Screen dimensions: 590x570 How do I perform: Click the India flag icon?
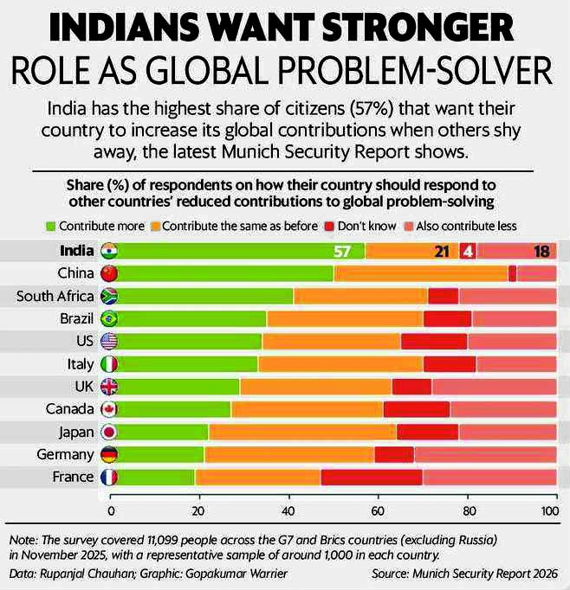pos(109,252)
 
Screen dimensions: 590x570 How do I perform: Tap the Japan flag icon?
pos(109,432)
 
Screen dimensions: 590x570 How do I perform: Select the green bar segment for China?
pos(222,274)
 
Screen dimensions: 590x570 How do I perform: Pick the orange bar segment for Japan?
pos(302,432)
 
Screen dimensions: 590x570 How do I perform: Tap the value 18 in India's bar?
pos(541,252)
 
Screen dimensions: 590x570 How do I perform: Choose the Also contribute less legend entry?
pos(460,226)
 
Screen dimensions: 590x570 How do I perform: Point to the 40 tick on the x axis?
pos(288,510)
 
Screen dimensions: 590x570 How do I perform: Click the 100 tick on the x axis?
pos(548,510)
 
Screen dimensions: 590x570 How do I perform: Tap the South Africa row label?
pos(54,297)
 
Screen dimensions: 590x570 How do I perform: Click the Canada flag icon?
pos(109,409)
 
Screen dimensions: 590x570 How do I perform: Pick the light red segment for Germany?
pos(485,454)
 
